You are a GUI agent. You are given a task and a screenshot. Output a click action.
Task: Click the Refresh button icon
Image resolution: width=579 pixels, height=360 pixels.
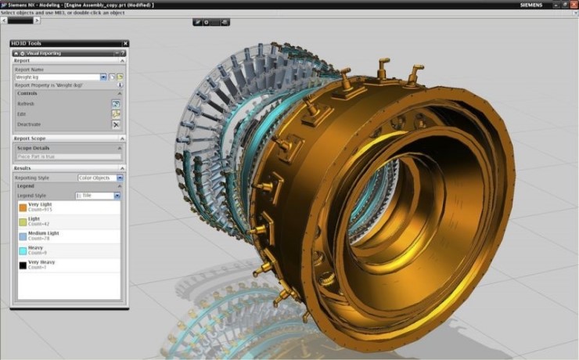click(x=115, y=103)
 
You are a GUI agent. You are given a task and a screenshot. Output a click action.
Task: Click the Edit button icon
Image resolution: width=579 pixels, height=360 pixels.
click(x=115, y=114)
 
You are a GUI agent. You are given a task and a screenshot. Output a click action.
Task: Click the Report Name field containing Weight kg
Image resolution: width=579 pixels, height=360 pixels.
click(x=58, y=77)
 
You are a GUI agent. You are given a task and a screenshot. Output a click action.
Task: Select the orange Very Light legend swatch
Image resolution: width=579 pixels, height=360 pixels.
click(x=22, y=207)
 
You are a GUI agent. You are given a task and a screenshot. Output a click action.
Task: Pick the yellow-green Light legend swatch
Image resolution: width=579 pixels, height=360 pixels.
click(x=22, y=221)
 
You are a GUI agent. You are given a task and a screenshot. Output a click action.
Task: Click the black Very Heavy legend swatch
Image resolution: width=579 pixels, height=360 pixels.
click(x=22, y=265)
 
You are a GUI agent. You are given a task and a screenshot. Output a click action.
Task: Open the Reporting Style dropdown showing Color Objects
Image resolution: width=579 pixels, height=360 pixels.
click(x=99, y=178)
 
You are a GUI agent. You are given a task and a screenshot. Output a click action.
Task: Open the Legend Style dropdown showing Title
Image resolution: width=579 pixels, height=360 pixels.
click(x=97, y=196)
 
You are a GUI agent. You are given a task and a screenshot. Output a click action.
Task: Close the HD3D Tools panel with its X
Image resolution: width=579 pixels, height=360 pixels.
click(x=124, y=44)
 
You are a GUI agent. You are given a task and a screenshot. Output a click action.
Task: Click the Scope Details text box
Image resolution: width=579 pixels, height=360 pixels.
click(x=68, y=157)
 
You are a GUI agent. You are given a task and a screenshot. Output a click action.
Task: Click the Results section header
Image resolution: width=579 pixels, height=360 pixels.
click(x=23, y=168)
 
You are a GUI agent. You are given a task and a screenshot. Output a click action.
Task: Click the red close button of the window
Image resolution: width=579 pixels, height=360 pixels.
click(x=572, y=5)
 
